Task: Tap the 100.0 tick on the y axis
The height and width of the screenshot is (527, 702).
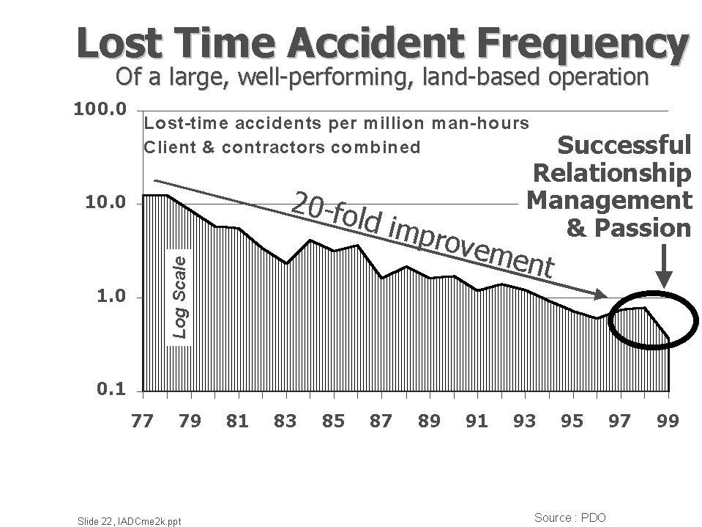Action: click(100, 109)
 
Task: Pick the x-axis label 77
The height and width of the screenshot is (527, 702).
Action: click(143, 421)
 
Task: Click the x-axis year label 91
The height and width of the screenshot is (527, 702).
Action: click(477, 421)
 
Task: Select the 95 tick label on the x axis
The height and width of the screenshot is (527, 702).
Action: click(572, 421)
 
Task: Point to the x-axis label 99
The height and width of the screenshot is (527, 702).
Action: click(667, 421)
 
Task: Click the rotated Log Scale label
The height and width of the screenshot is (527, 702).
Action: click(180, 296)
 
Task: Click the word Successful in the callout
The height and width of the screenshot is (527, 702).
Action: click(624, 145)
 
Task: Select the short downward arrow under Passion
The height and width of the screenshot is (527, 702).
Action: click(663, 267)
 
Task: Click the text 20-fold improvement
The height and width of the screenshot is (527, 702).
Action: click(422, 233)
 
